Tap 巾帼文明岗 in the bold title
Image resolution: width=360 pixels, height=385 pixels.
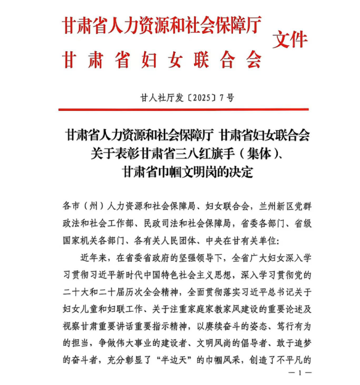[x=179, y=172]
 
